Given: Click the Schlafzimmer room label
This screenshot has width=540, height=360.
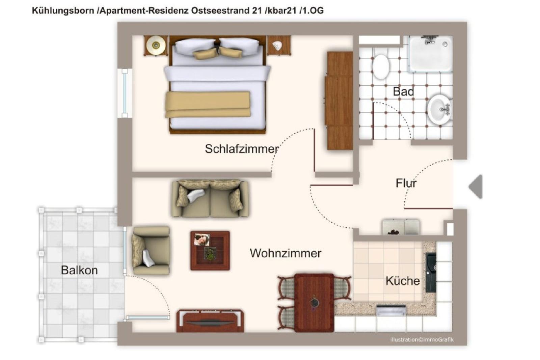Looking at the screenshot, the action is coord(242,149).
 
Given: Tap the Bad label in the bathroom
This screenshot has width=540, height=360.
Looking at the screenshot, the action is coord(403,91).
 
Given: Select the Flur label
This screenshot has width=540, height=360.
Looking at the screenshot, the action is coord(406,183).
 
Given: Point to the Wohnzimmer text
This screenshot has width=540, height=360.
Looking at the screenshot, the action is coord(286,253).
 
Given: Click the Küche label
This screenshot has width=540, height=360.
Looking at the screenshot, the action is coord(403,281).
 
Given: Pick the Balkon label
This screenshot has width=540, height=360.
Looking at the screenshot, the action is coord(79,270).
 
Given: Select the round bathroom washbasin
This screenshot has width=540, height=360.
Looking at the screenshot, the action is coord(439,110).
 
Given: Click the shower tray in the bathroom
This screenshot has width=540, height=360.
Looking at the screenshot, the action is coord(431,54).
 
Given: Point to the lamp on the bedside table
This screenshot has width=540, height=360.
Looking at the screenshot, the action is coord(156,45).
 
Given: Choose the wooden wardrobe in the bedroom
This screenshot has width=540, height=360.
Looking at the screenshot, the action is coord(339,101).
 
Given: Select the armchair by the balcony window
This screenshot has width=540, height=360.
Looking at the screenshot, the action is coord(151,251).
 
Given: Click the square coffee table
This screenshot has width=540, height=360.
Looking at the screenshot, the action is coord(210,251).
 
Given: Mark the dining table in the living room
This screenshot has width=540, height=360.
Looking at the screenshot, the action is coord(314,303).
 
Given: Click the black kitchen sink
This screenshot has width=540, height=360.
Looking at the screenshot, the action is coord(431,273).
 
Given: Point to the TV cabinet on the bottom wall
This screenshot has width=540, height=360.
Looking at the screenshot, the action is coord(210,321).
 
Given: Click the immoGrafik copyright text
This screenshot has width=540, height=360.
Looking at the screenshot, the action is coord(422,340).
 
